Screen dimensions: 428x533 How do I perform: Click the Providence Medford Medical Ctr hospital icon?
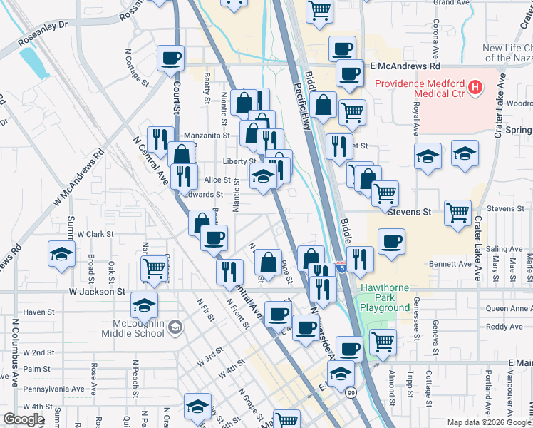[x=475, y=88]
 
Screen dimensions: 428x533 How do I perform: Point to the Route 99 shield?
[x=351, y=392]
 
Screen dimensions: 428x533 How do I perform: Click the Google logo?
[x=23, y=419]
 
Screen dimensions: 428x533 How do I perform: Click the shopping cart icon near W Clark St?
[x=154, y=268]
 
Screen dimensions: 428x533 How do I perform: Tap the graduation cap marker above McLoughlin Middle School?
[x=144, y=305]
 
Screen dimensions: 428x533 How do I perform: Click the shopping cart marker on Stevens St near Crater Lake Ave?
[x=457, y=212]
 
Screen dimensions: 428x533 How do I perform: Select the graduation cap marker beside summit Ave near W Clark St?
[x=61, y=253]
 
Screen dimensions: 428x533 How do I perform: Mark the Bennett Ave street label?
[x=450, y=264]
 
